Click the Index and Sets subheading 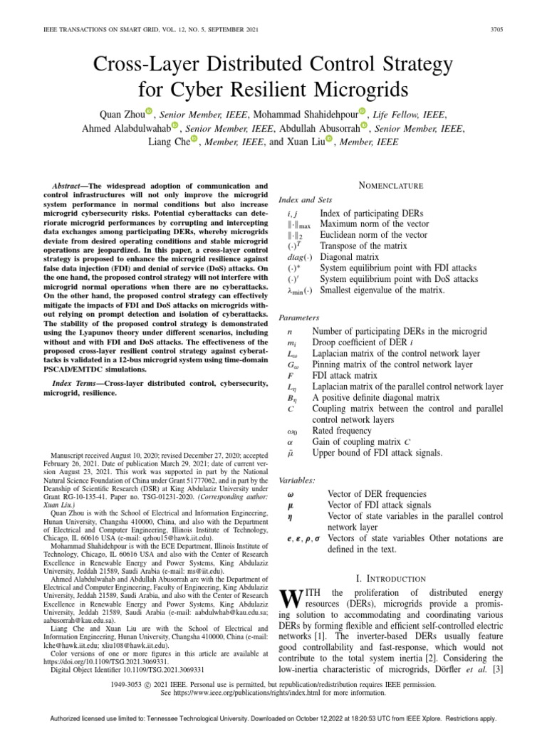(306, 199)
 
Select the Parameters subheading (300, 318)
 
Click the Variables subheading (298, 481)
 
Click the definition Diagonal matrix (353, 257)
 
